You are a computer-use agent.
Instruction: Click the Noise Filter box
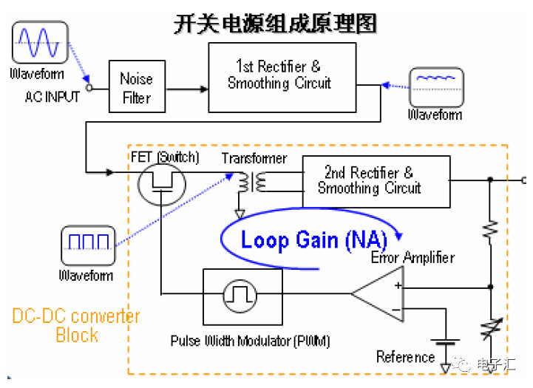pyautogui.click(x=135, y=87)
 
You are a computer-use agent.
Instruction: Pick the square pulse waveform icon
pyautogui.click(x=87, y=247)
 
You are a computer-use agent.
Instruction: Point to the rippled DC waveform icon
pyautogui.click(x=436, y=88)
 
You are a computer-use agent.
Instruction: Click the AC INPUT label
pyautogui.click(x=52, y=98)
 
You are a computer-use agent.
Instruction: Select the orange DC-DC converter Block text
pyautogui.click(x=75, y=326)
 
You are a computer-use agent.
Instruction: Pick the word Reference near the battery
pyautogui.click(x=405, y=357)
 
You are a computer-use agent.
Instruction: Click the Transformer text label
pyautogui.click(x=254, y=158)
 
